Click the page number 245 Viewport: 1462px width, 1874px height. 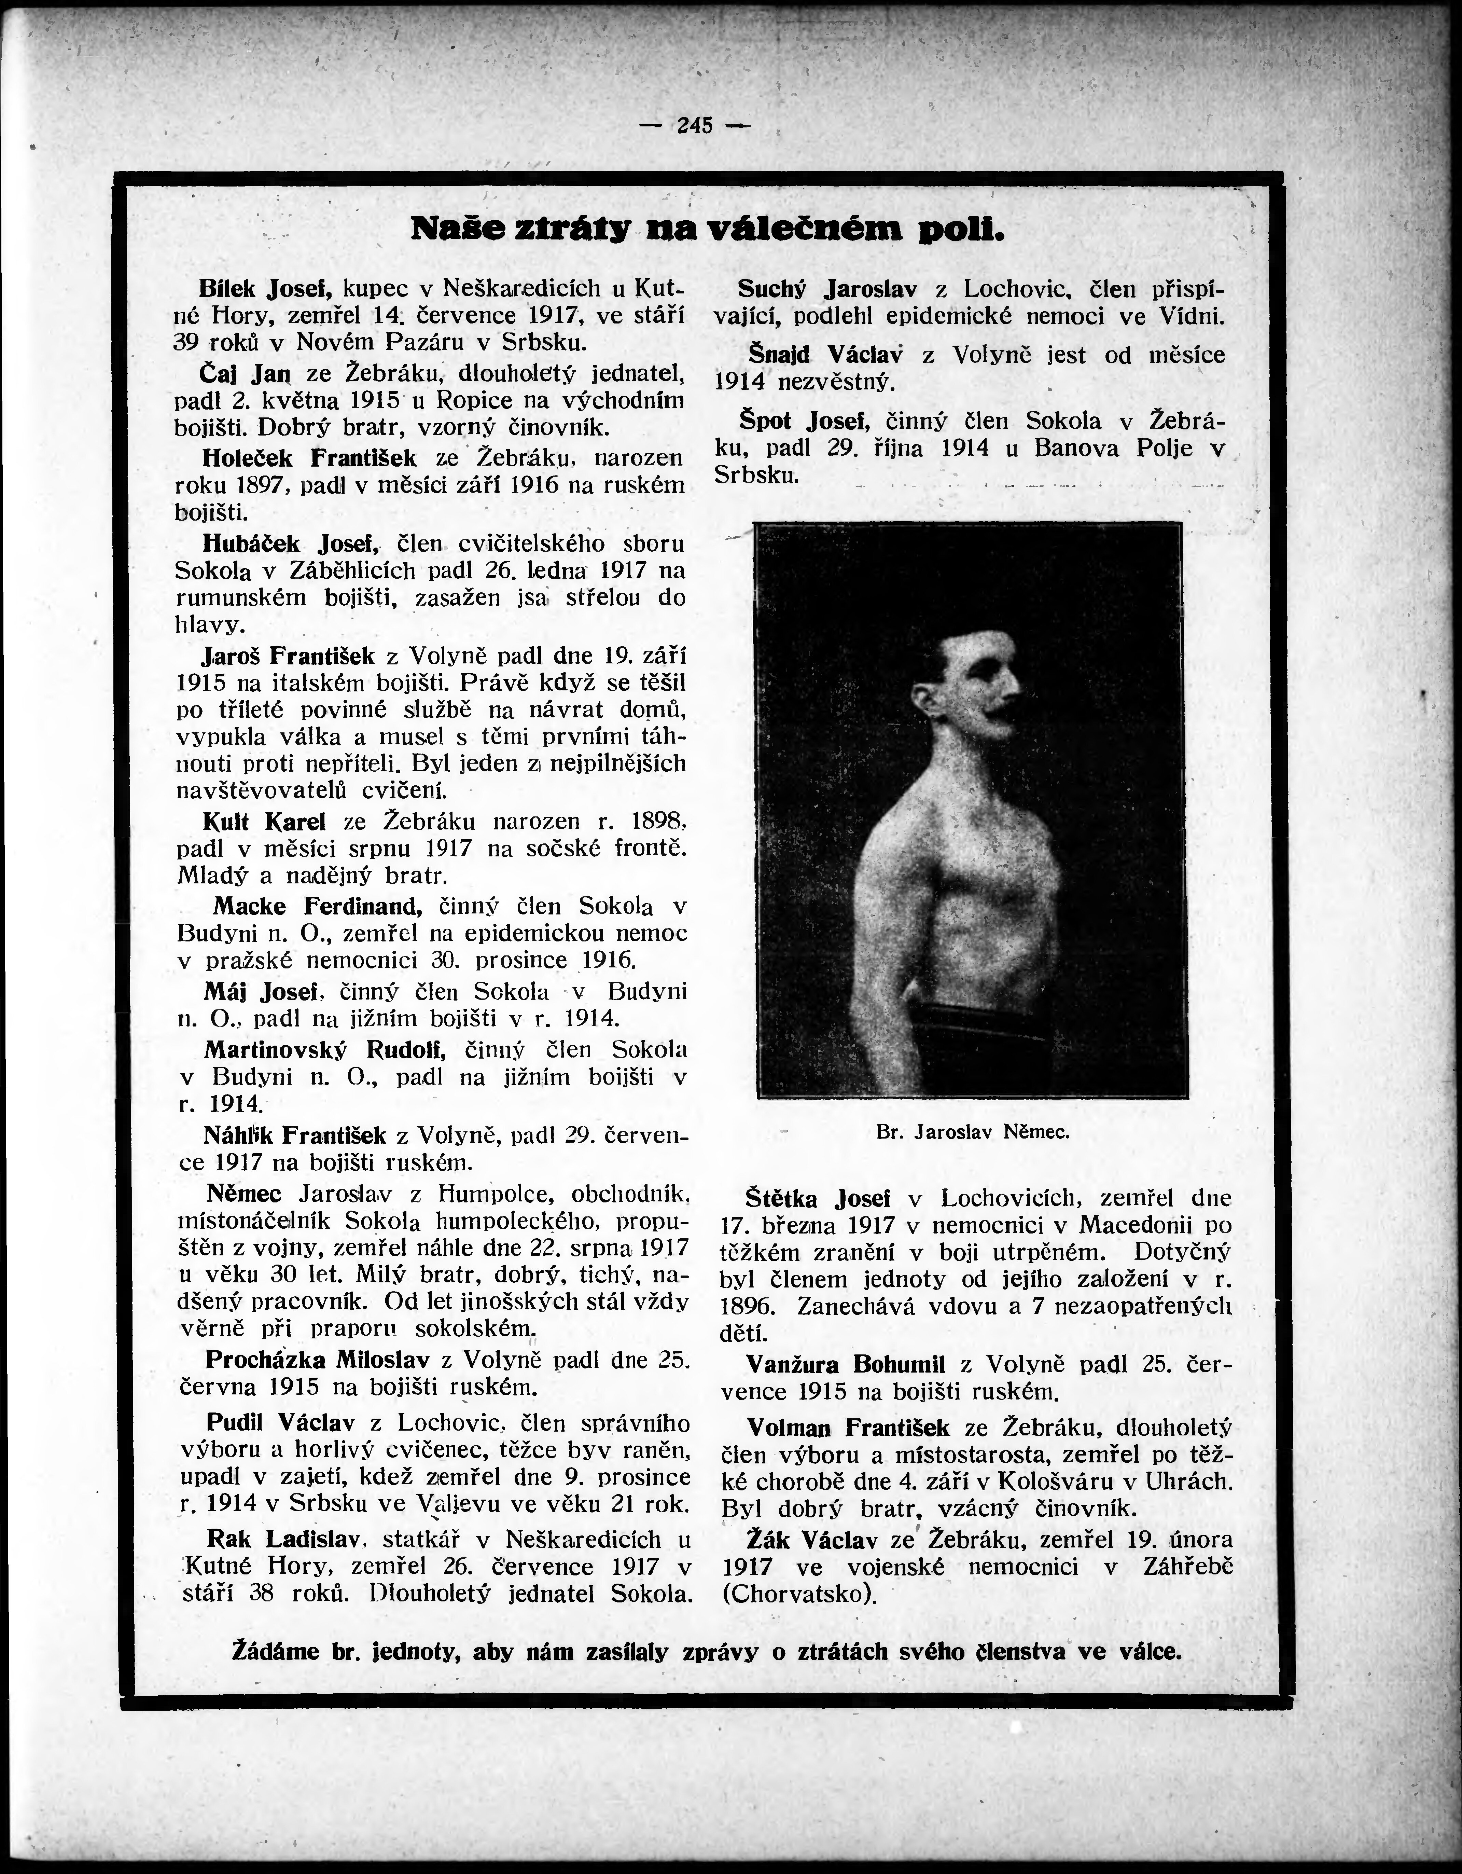click(x=695, y=125)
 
